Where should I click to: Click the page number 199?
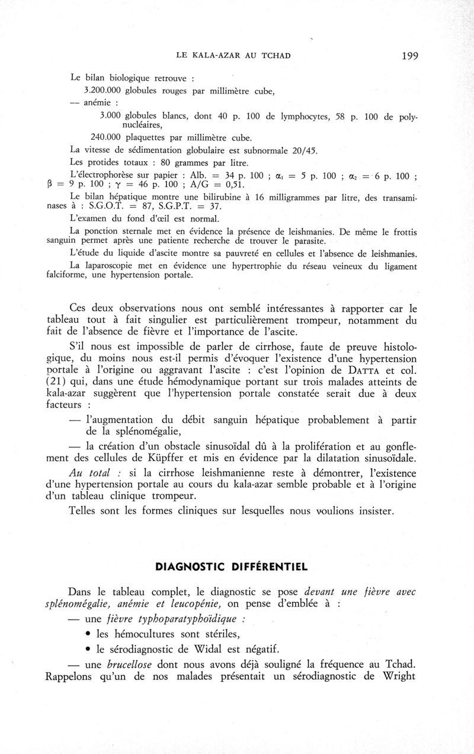coord(409,56)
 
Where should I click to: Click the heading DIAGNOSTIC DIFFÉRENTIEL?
coord(231,567)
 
